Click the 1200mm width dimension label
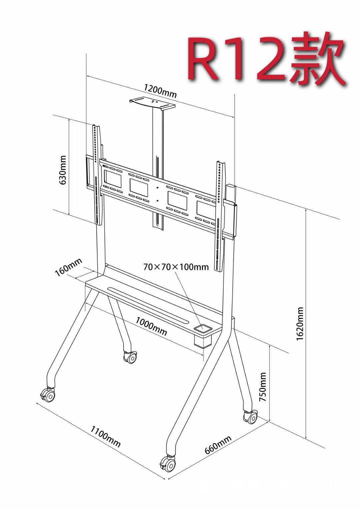pos(160,91)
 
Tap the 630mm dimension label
pos(62,170)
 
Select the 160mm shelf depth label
pos(68,267)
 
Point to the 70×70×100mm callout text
pos(176,267)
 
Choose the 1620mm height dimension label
pos(300,324)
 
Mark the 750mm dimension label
pos(263,387)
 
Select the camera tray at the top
pos(152,104)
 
